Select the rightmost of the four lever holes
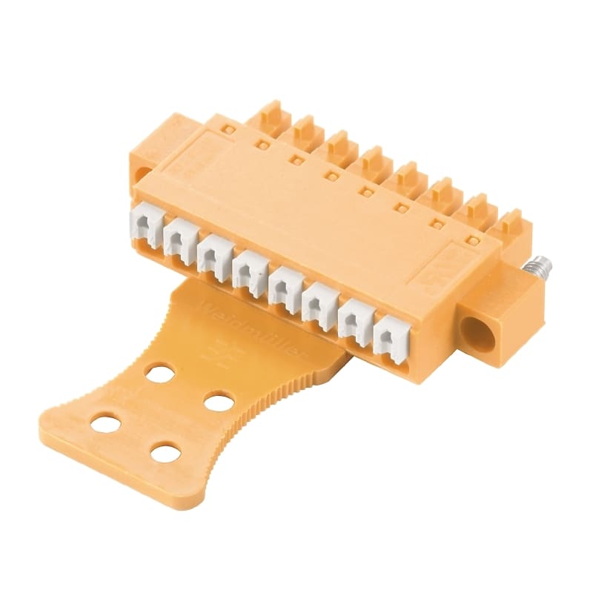pos(219,402)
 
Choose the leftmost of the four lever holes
pos(107,425)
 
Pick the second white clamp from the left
pos(178,238)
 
